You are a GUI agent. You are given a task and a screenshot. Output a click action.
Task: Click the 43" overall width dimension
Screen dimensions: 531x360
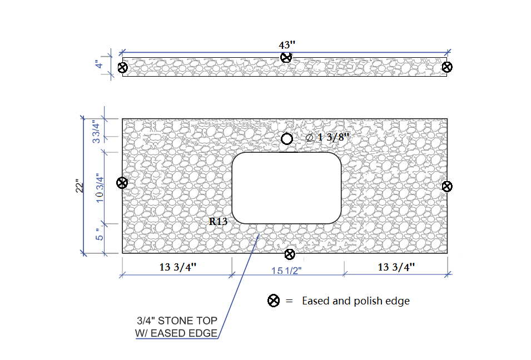(x=287, y=44)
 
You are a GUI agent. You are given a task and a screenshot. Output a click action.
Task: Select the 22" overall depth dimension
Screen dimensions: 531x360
(x=80, y=186)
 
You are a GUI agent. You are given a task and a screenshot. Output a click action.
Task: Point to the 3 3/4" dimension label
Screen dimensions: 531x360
(x=97, y=132)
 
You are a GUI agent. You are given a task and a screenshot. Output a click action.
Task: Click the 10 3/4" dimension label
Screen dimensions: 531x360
(x=100, y=188)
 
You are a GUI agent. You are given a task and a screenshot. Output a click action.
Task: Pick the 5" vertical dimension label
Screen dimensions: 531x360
(x=99, y=234)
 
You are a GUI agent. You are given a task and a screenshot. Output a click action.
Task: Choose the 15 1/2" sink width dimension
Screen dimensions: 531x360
(x=286, y=271)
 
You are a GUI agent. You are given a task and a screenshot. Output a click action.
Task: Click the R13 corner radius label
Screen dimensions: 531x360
(x=218, y=221)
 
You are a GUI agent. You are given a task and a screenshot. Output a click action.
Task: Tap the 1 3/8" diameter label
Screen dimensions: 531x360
(x=327, y=137)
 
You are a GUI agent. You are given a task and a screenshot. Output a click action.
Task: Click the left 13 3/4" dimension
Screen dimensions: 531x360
(x=178, y=267)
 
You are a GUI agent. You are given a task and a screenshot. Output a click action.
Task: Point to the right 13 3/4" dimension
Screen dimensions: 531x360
(x=396, y=267)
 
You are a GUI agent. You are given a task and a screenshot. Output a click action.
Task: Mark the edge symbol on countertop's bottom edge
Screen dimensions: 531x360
(x=290, y=254)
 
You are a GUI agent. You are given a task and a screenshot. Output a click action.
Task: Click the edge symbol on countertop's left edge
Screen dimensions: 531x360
(x=122, y=183)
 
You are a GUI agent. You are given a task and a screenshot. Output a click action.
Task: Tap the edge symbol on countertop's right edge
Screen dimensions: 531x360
(x=447, y=186)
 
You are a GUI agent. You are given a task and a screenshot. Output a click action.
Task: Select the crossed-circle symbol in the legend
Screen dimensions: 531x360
(x=274, y=301)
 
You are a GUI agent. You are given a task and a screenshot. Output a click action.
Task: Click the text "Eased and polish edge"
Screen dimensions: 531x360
(x=356, y=301)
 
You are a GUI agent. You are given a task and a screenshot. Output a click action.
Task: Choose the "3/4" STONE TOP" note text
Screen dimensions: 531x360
(x=177, y=321)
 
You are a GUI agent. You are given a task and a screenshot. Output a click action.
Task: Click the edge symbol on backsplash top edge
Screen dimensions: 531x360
(x=286, y=57)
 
